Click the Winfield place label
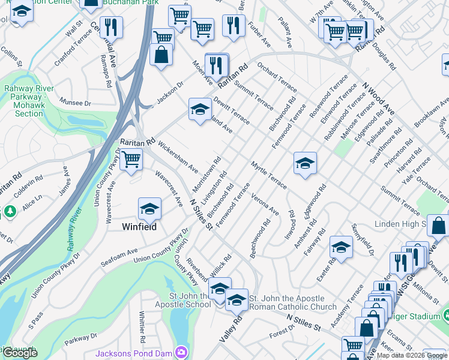click(139, 227)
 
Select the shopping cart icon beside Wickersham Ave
click(131, 160)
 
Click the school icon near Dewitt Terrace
click(200, 109)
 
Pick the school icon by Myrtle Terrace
click(305, 163)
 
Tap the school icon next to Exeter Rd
click(340, 247)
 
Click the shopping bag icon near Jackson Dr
click(162, 56)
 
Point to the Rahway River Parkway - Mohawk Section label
click(29, 101)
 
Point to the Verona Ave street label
click(265, 204)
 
